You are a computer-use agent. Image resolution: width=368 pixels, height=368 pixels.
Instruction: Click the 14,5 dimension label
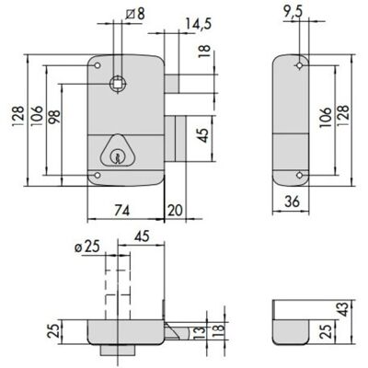click(x=199, y=24)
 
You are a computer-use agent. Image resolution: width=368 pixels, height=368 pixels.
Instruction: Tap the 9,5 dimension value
click(x=293, y=14)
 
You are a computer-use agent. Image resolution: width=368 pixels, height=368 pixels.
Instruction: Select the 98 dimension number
click(x=54, y=117)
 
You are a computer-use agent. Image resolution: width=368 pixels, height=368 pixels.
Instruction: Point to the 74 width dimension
click(x=122, y=211)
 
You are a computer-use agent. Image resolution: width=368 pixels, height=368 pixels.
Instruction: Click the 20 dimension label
click(x=175, y=211)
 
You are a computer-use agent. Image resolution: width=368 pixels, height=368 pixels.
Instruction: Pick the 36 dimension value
click(x=292, y=201)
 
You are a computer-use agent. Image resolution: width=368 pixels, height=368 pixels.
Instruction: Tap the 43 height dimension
click(x=344, y=309)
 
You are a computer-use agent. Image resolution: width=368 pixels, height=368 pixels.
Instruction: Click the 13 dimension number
click(x=199, y=333)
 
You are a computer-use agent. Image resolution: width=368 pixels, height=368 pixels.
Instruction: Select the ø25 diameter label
click(x=87, y=247)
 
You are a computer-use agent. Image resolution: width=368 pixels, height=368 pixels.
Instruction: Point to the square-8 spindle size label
click(x=135, y=14)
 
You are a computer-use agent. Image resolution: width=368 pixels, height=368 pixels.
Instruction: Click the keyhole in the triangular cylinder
click(x=116, y=156)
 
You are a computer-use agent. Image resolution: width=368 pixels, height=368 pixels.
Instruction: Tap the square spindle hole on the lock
click(x=118, y=83)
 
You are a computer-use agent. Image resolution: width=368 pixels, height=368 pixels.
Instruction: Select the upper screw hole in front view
click(x=98, y=65)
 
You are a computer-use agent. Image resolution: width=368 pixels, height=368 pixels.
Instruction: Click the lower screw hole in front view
click(x=98, y=176)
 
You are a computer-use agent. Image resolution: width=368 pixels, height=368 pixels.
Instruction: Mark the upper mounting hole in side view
click(x=299, y=65)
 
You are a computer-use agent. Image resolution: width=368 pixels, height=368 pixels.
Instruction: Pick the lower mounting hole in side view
click(x=299, y=175)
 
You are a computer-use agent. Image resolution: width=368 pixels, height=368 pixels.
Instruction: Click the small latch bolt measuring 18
click(x=172, y=84)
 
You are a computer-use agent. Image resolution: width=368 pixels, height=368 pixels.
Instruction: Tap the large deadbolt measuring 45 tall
click(x=176, y=139)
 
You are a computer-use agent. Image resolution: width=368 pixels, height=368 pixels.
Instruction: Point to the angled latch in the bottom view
click(x=176, y=331)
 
